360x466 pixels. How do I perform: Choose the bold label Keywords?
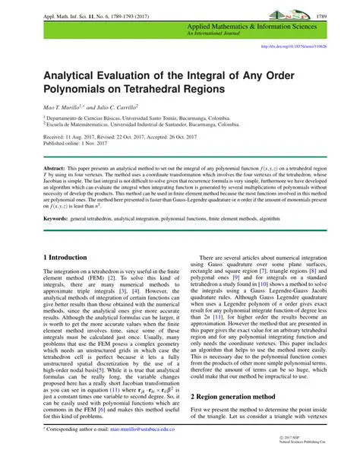click(60, 217)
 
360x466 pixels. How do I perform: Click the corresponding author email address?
click(142, 450)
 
